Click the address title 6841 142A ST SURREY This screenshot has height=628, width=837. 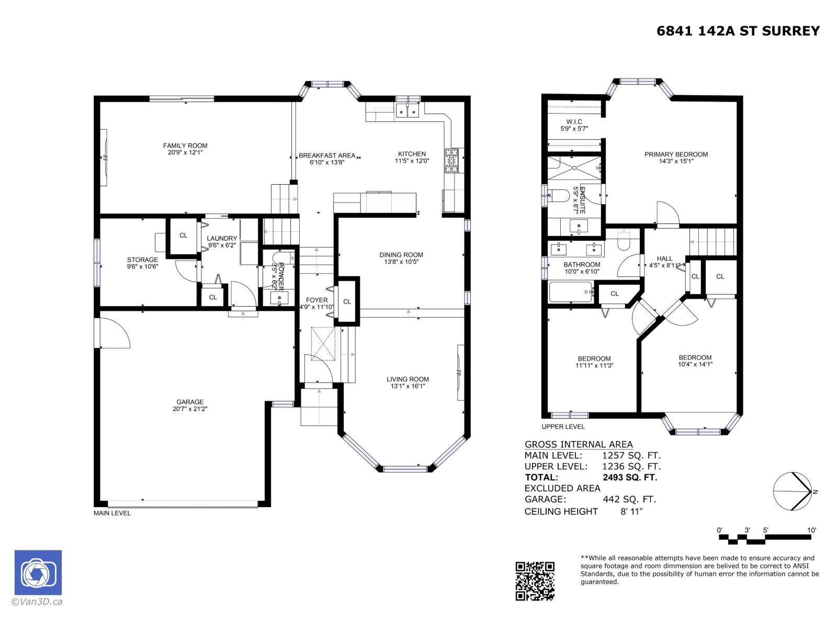pos(738,31)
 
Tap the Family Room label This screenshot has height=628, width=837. pos(185,145)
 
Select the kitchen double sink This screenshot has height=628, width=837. pos(408,110)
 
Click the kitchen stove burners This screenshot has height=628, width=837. pos(451,161)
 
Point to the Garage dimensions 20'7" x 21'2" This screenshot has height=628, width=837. pos(189,409)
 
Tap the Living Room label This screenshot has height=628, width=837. pos(408,379)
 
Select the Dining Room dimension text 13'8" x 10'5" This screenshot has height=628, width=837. pos(401,262)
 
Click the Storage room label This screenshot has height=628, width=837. pos(142,260)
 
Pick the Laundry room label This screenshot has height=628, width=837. pos(222,238)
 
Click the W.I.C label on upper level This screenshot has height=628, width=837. pos(574,121)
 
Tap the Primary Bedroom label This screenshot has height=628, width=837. pos(676,154)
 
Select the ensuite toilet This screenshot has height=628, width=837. pos(557,196)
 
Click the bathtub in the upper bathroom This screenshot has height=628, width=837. pos(571,292)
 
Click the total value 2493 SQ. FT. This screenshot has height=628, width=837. pos(629,477)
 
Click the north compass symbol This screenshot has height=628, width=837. pos(793,491)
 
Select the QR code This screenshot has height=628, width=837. pos(535,581)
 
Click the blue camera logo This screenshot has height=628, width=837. pos(38,573)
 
